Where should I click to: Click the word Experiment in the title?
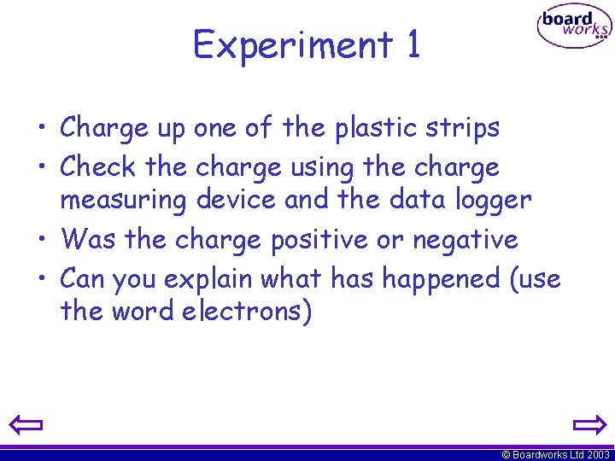(290, 44)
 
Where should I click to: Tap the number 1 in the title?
(413, 44)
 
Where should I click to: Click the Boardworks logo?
(573, 27)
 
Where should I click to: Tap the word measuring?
(123, 201)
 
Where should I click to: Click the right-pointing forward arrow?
(589, 424)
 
